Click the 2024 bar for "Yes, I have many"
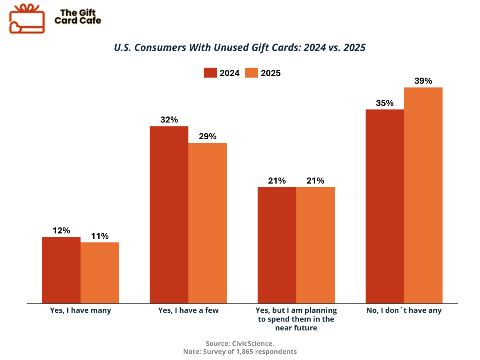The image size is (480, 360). pyautogui.click(x=61, y=270)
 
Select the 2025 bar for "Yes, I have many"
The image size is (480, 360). pyautogui.click(x=100, y=273)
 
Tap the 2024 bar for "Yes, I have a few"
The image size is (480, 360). pyautogui.click(x=169, y=215)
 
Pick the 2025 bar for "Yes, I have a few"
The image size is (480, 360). pyautogui.click(x=208, y=223)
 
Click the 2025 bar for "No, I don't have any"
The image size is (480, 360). pyautogui.click(x=423, y=195)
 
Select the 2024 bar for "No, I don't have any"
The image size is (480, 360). pyautogui.click(x=385, y=206)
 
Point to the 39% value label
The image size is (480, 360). pyautogui.click(x=423, y=81)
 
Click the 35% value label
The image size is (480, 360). pyautogui.click(x=385, y=103)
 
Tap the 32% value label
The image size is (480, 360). pyautogui.click(x=169, y=120)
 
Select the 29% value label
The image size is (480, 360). pyautogui.click(x=208, y=136)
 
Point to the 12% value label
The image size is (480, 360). pyautogui.click(x=61, y=230)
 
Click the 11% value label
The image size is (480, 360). pyautogui.click(x=100, y=236)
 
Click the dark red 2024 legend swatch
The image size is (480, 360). pyautogui.click(x=210, y=73)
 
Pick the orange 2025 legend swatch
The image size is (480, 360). pyautogui.click(x=251, y=73)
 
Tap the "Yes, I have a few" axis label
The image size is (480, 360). pyautogui.click(x=188, y=310)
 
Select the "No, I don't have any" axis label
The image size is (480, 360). pyautogui.click(x=404, y=310)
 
